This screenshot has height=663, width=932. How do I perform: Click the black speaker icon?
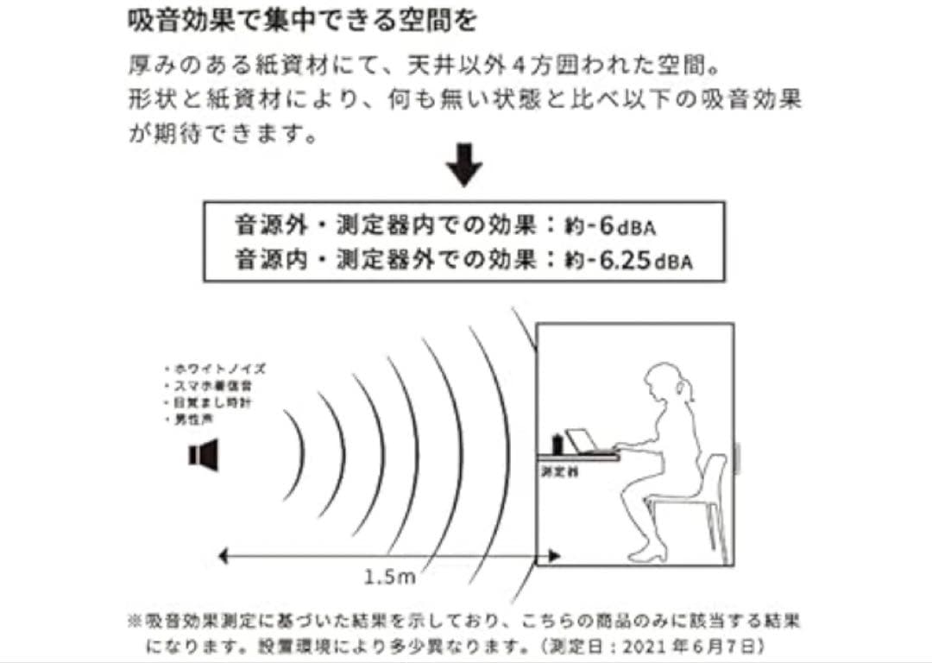(204, 455)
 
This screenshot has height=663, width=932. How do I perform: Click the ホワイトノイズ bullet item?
(215, 368)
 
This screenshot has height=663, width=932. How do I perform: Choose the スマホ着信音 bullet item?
(211, 385)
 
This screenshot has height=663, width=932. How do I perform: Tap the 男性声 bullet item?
(195, 420)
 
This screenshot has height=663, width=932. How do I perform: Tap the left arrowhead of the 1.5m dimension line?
(224, 557)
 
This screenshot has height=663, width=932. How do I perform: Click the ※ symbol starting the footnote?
(134, 622)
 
